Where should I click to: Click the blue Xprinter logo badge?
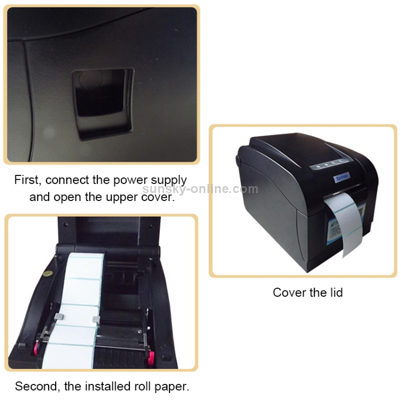pos(342,177)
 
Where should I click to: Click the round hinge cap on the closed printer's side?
pos(238,160)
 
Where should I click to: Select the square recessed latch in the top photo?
pos(103,103)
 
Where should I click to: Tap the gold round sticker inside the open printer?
pos(48,273)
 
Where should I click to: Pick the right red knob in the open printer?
pos(150,356)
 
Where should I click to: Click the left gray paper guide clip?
pos(59,317)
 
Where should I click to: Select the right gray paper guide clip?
pos(96,319)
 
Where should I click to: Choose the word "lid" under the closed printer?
pos(336,292)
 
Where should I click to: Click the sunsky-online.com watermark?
pos(200,189)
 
